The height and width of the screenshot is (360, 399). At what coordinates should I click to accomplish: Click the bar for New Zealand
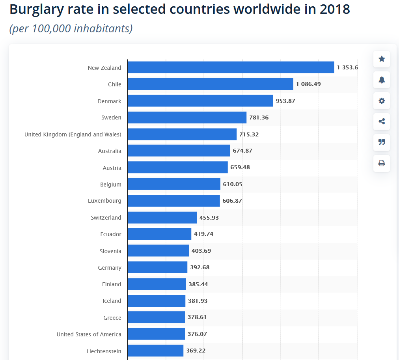(x=231, y=67)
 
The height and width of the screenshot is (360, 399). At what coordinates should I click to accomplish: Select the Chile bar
(x=210, y=84)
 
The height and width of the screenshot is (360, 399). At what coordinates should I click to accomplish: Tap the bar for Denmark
(x=200, y=101)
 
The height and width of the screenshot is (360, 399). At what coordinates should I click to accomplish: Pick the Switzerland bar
(x=162, y=218)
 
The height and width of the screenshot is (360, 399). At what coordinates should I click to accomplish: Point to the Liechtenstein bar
(x=155, y=351)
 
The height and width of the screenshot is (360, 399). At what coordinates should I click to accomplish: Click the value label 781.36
(x=259, y=118)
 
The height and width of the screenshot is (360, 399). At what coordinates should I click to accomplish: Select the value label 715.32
(x=249, y=134)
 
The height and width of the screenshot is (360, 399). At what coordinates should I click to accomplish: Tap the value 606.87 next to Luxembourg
(x=232, y=201)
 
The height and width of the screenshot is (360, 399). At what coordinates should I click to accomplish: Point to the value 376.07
(x=197, y=334)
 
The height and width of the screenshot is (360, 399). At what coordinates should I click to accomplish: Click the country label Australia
(x=110, y=151)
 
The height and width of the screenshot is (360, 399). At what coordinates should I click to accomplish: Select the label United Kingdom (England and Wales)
(x=73, y=134)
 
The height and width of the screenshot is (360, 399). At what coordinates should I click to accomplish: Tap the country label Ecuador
(x=111, y=234)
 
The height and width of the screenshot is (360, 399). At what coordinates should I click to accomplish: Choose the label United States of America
(x=89, y=334)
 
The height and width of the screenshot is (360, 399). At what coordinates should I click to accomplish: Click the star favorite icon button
(x=382, y=59)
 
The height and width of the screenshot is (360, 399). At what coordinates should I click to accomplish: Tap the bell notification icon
(x=382, y=80)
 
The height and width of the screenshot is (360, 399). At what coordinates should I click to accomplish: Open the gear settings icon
(x=382, y=101)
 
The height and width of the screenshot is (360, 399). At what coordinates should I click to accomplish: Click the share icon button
(x=382, y=121)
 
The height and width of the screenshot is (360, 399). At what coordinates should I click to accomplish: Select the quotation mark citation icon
(x=382, y=142)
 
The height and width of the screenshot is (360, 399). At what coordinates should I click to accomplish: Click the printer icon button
(x=382, y=163)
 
